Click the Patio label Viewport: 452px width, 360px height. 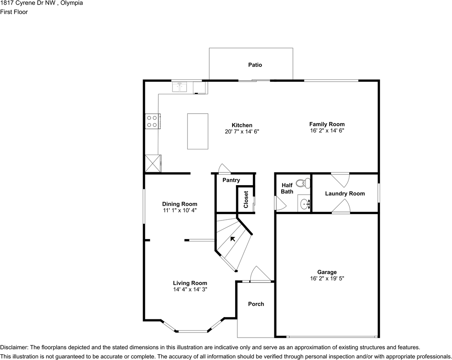(255, 65)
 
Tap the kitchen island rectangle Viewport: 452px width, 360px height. (197, 131)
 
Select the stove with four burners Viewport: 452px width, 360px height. (152, 121)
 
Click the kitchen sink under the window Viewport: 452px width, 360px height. (180, 87)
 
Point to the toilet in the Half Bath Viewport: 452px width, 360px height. (303, 183)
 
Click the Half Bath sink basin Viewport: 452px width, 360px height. (305, 204)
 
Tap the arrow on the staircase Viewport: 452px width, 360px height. (232, 239)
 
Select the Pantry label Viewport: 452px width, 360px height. (231, 180)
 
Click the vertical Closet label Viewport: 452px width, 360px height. (246, 199)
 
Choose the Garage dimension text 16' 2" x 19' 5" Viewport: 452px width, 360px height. (327, 278)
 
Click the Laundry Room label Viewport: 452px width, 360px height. (345, 193)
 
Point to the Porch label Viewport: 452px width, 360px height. (256, 304)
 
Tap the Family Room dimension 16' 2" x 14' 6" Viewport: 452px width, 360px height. (327, 130)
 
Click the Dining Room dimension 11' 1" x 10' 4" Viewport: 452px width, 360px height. (180, 210)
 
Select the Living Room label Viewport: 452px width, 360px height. (190, 283)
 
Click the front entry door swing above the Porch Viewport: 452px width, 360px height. (259, 274)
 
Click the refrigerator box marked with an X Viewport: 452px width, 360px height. (153, 163)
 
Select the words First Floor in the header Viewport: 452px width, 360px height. (14, 12)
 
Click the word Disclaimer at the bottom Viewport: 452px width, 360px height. (14, 347)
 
